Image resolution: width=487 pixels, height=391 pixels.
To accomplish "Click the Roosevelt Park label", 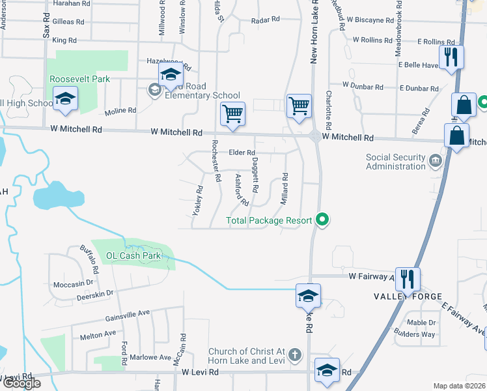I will click(x=79, y=79).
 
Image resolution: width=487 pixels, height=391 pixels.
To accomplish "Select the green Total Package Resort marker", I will click(x=321, y=220).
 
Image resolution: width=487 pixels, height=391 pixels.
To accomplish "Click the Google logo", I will click(x=21, y=383).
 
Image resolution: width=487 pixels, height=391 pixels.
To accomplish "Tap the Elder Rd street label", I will click(x=241, y=152).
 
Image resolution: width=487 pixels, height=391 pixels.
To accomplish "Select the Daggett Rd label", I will click(x=256, y=175).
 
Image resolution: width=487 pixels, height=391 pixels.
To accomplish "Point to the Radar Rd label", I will click(x=265, y=20).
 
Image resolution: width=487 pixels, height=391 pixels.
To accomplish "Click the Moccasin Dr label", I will click(x=74, y=284).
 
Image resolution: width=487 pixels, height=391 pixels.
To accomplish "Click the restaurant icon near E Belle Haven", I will click(x=451, y=57).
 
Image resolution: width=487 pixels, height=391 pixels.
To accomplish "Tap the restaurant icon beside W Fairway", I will click(x=408, y=279).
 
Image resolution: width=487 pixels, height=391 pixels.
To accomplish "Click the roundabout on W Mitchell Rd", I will click(x=315, y=137).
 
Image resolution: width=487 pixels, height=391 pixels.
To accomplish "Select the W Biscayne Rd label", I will click(x=374, y=20).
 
